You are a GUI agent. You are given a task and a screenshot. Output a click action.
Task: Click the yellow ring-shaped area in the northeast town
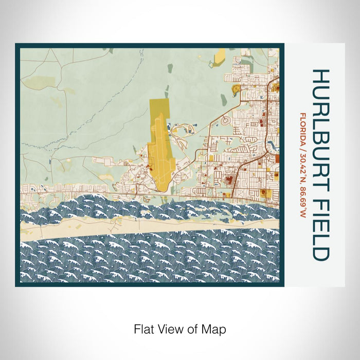click(x=237, y=89)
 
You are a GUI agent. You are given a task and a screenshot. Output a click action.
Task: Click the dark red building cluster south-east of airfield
click(x=228, y=181)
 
